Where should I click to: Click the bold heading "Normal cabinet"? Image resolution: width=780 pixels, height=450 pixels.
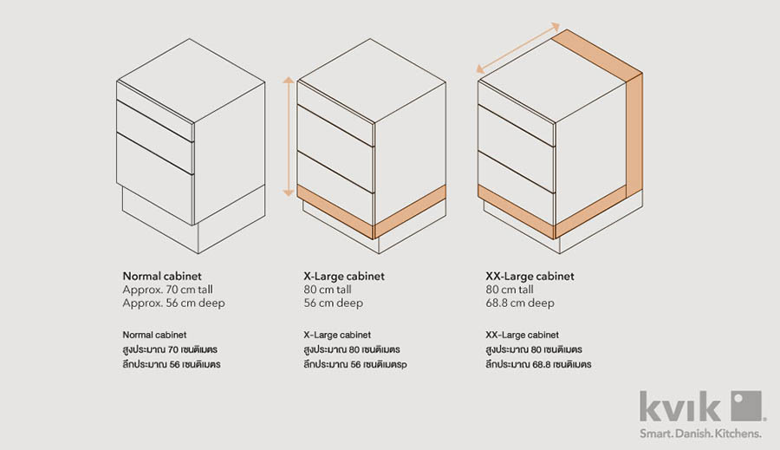162,277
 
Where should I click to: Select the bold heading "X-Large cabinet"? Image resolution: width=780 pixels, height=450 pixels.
344,277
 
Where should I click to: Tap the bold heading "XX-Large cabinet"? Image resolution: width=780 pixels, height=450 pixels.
530,277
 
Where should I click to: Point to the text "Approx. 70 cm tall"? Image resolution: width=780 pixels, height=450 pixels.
167,290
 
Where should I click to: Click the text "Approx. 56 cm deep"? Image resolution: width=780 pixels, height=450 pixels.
173,303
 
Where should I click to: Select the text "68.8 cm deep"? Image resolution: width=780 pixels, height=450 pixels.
520,303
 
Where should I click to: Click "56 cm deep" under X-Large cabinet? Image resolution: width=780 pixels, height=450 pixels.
334,303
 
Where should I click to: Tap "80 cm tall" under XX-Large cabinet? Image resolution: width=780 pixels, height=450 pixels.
510,290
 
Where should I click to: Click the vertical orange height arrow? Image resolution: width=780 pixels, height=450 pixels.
288,136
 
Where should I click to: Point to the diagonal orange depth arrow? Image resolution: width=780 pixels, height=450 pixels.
518,49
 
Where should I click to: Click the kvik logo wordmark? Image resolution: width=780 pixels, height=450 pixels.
680,406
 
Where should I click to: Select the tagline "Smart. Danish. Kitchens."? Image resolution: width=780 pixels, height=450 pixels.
700,434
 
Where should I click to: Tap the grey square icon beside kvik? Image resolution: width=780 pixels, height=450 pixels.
745,406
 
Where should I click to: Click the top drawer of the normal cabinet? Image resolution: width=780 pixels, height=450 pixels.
155,110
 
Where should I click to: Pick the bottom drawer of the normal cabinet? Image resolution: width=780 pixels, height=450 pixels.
155,179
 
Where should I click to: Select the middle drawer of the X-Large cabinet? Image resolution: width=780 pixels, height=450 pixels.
335,148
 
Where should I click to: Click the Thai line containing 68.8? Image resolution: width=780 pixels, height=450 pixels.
538,364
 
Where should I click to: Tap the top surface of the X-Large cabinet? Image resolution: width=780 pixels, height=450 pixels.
371,80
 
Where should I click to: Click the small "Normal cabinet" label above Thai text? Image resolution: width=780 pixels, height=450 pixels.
154,335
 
